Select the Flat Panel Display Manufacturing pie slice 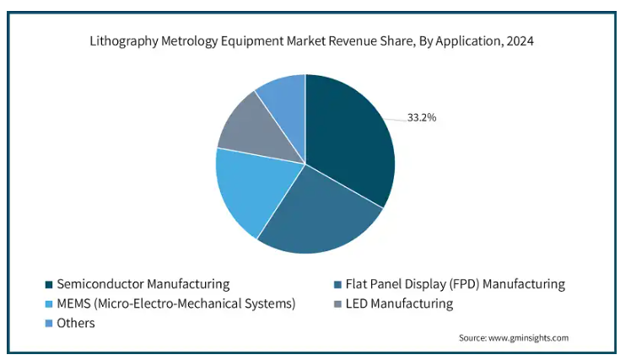coord(321,215)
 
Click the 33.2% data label coord(422,117)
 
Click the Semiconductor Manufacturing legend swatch coord(49,284)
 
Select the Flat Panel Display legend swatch coord(338,284)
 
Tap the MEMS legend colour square coord(49,304)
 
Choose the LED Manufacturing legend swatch coord(338,304)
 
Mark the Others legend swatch coord(49,323)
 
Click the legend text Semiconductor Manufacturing coord(143,284)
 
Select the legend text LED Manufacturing coord(400,304)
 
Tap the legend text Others coord(76,323)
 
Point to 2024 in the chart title coord(520,40)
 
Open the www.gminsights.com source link coord(529,337)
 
